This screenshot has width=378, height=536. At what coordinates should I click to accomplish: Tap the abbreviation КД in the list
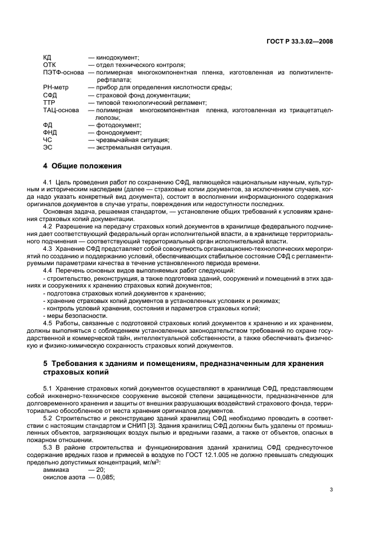pyautogui.click(x=47, y=57)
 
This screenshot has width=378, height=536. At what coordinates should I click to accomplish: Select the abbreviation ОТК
pyautogui.click(x=50, y=65)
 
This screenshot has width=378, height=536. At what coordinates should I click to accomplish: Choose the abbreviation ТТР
pyautogui.click(x=50, y=102)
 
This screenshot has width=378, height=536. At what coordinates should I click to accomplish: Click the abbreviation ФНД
pyautogui.click(x=50, y=132)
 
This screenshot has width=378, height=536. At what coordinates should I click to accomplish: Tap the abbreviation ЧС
pyautogui.click(x=47, y=139)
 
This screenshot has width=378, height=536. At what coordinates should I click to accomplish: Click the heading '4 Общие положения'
pyautogui.click(x=83, y=166)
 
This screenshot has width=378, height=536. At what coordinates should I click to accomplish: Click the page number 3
pyautogui.click(x=331, y=490)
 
